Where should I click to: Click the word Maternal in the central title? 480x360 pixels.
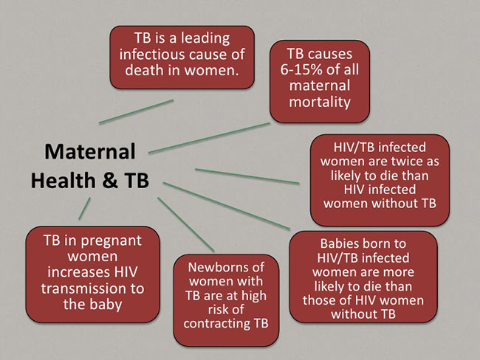(90, 152)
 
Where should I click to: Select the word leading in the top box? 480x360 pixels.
(205, 39)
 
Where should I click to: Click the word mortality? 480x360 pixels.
(320, 103)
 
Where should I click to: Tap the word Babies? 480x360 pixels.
(341, 243)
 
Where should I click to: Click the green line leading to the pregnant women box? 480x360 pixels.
(84, 208)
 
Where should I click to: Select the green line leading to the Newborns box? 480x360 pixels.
(186, 224)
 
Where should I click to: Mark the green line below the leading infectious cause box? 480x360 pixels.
(136, 111)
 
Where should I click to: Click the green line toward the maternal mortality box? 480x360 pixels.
(209, 138)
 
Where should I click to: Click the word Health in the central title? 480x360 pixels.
(64, 180)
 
